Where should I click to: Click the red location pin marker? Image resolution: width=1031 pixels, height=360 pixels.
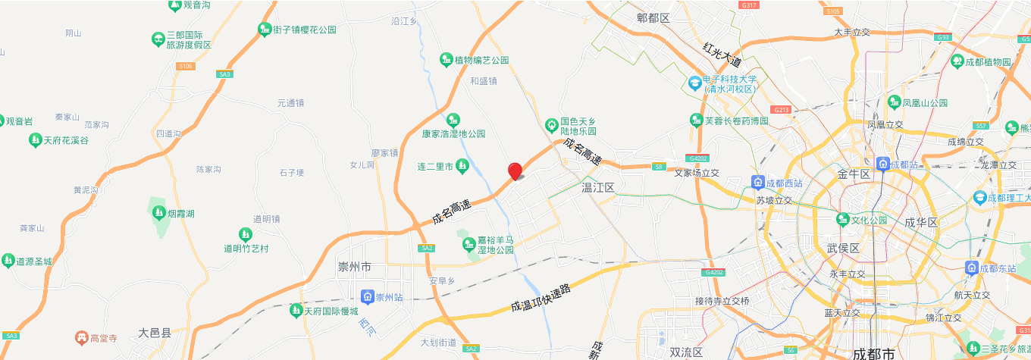pyautogui.click(x=515, y=171)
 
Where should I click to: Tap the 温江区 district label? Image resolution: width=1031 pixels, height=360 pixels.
pyautogui.click(x=597, y=186)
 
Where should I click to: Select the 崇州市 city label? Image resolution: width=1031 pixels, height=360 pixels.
pyautogui.click(x=355, y=267)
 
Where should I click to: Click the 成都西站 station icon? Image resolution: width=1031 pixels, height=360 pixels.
pyautogui.click(x=757, y=182)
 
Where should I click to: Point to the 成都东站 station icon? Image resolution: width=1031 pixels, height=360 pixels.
pyautogui.click(x=971, y=268)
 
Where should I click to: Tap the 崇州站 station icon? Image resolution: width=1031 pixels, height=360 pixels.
pyautogui.click(x=368, y=296)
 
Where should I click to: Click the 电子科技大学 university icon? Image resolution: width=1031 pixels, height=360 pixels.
pyautogui.click(x=694, y=82)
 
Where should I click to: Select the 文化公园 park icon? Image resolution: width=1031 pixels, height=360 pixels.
pyautogui.click(x=842, y=220)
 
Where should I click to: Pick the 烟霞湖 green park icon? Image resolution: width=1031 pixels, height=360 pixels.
pyautogui.click(x=158, y=213)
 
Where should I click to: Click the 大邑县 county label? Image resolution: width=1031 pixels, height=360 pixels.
pyautogui.click(x=155, y=333)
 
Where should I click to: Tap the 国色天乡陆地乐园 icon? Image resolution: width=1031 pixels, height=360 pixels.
pyautogui.click(x=552, y=125)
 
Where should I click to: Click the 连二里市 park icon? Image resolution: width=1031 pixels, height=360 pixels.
pyautogui.click(x=462, y=166)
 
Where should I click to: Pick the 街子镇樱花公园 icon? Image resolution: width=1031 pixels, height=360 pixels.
pyautogui.click(x=265, y=30)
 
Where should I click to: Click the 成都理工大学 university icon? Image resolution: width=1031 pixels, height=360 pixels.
pyautogui.click(x=979, y=197)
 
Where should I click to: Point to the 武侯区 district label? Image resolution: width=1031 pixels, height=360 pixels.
pyautogui.click(x=841, y=249)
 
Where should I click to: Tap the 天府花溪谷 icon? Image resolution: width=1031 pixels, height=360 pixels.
pyautogui.click(x=35, y=140)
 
